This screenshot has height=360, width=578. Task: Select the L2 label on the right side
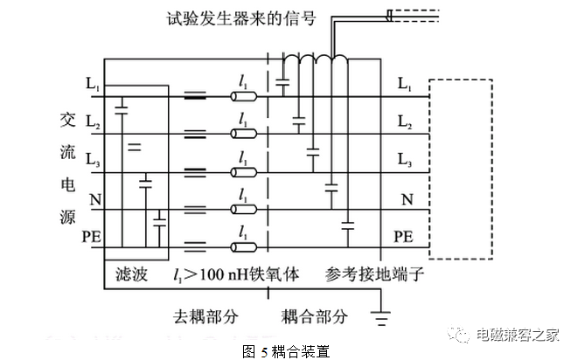point(405,122)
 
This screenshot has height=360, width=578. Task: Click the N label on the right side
point(406,199)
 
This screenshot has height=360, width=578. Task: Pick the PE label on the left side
point(92,237)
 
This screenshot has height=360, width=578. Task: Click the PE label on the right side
point(404,236)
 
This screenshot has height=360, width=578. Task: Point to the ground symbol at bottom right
point(380,319)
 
